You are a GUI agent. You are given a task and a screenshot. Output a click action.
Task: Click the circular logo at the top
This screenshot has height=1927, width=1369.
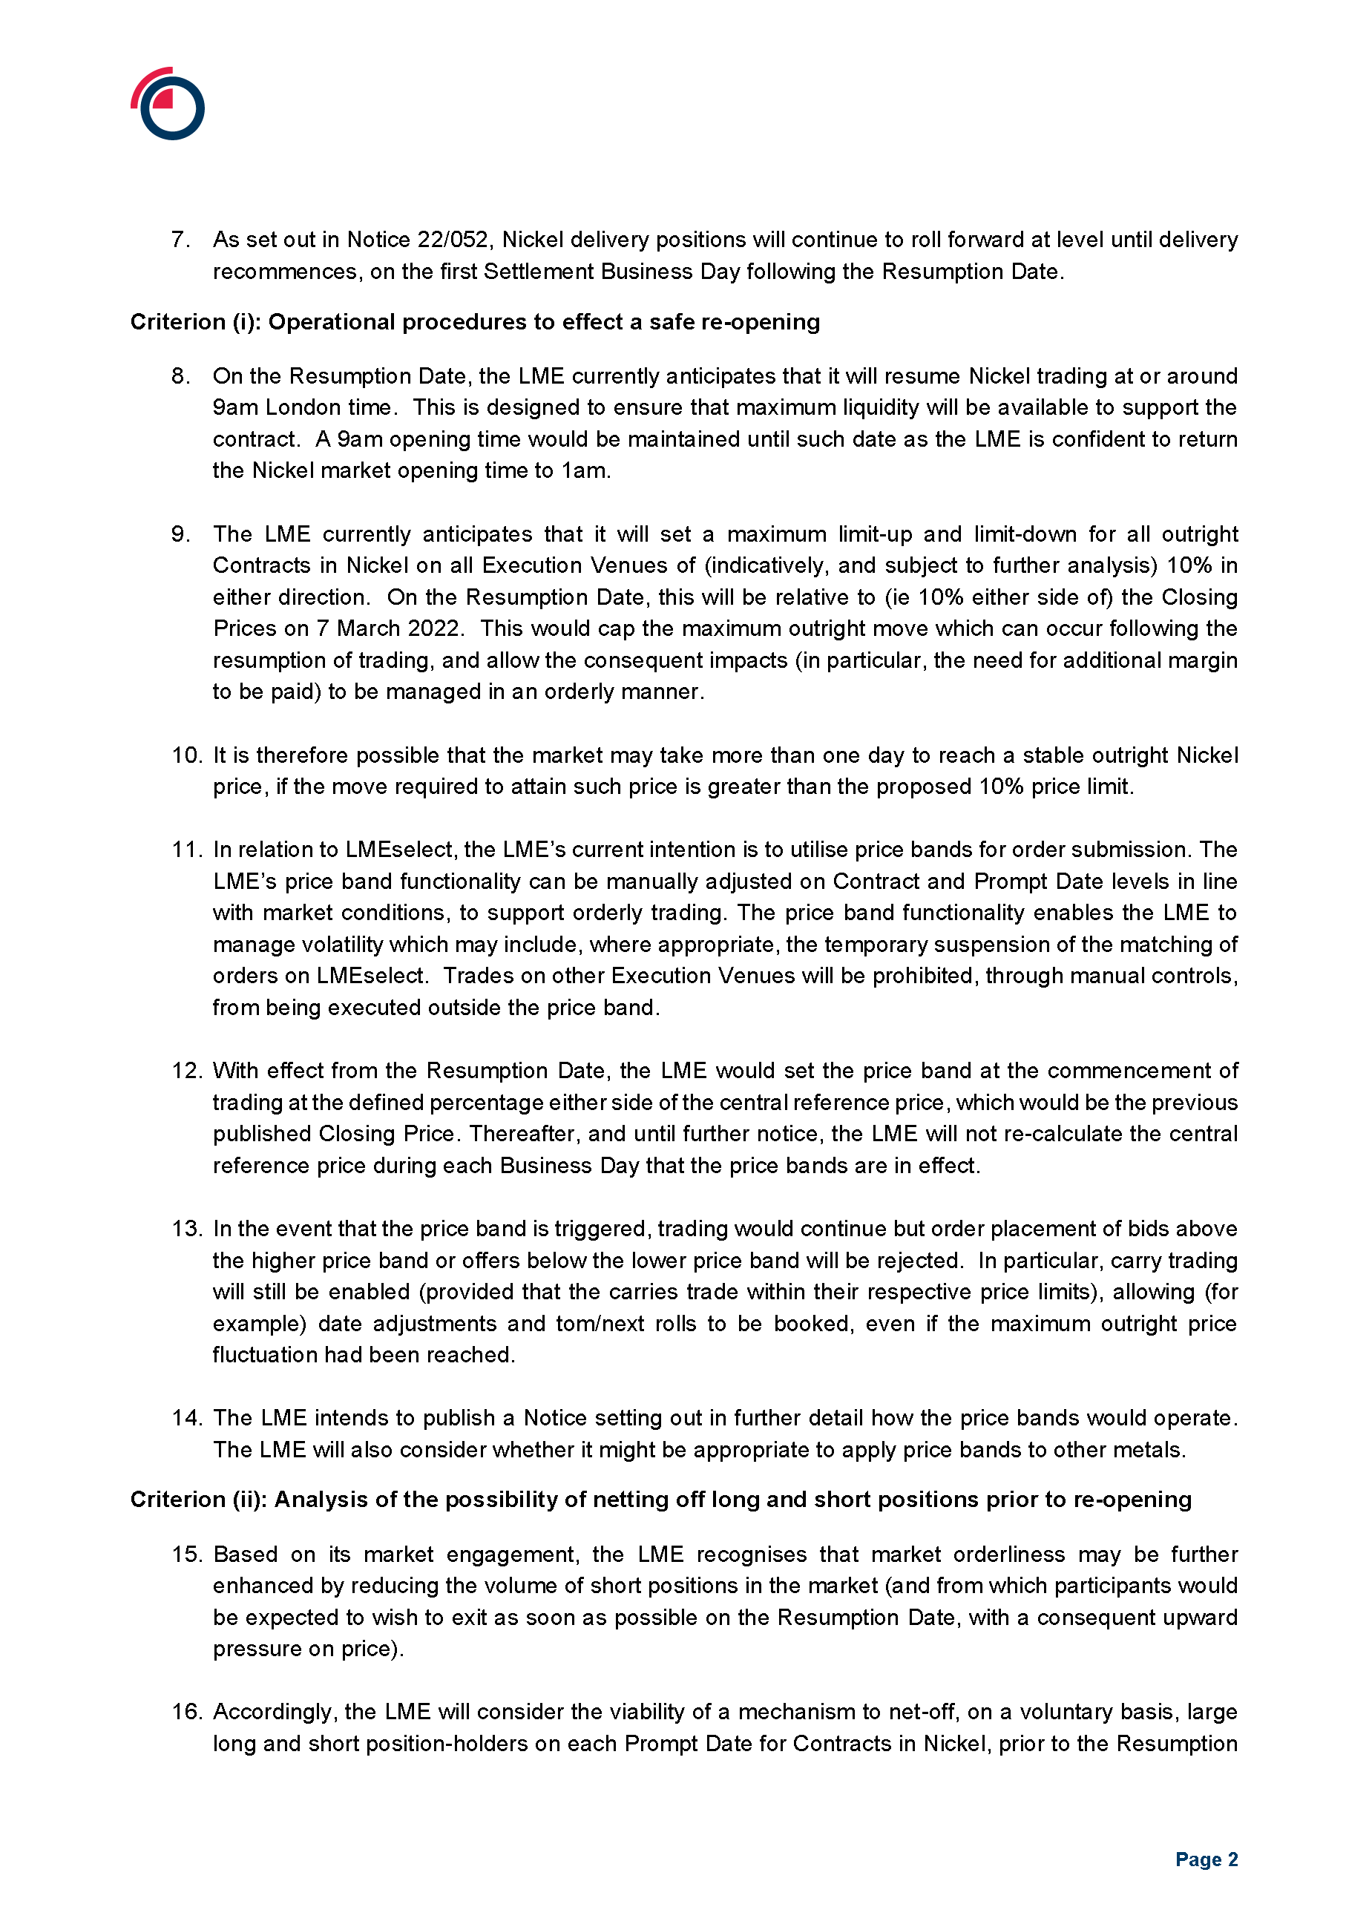pyautogui.click(x=168, y=104)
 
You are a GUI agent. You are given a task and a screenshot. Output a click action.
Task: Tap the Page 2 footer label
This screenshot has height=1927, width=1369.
pyautogui.click(x=1206, y=1859)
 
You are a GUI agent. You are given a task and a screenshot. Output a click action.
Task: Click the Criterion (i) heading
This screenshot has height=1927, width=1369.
pyautogui.click(x=475, y=322)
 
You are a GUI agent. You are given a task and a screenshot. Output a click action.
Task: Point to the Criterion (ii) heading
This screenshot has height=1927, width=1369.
pyautogui.click(x=660, y=1499)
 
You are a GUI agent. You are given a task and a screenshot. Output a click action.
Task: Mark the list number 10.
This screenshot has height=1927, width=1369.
pyautogui.click(x=186, y=755)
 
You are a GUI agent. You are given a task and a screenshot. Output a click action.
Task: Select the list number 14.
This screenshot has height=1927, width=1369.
pyautogui.click(x=186, y=1418)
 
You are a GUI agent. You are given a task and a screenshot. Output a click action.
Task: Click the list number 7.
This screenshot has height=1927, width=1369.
pyautogui.click(x=180, y=240)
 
